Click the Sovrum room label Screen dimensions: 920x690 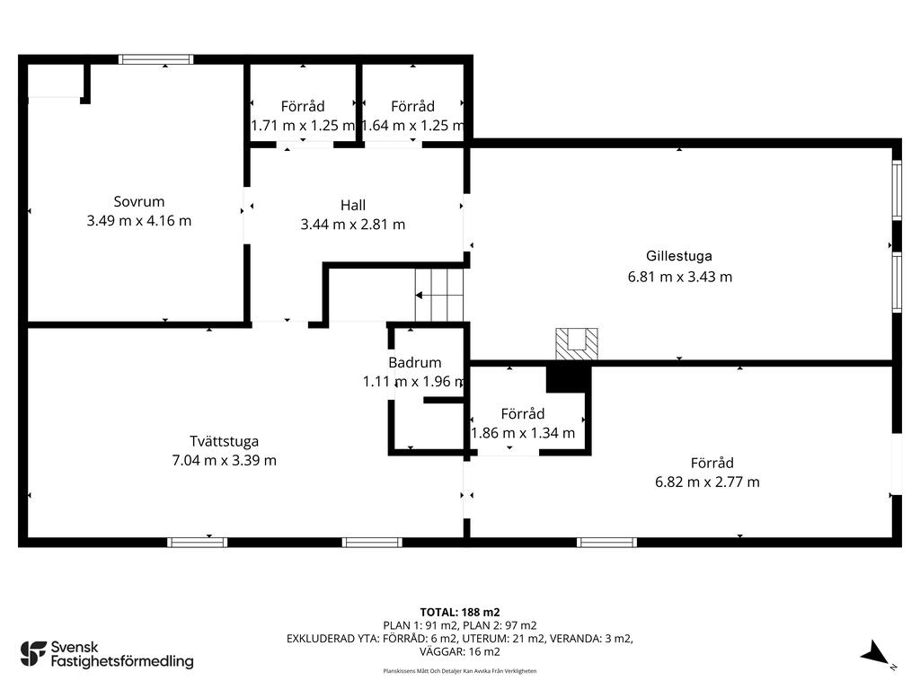click(x=139, y=202)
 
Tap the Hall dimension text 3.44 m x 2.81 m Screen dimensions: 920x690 click(x=352, y=225)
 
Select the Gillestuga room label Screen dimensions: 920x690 click(x=679, y=256)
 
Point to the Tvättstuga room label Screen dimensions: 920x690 click(x=224, y=441)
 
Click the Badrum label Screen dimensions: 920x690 click(x=415, y=363)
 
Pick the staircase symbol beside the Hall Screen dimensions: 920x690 click(x=439, y=295)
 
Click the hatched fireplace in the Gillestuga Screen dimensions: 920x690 click(x=577, y=344)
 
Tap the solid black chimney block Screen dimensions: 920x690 click(x=568, y=378)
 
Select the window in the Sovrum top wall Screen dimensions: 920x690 click(x=155, y=59)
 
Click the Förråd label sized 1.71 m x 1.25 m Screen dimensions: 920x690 click(x=303, y=106)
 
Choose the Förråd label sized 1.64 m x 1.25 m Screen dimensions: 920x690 click(x=413, y=106)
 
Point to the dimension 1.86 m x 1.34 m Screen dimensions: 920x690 click(x=523, y=434)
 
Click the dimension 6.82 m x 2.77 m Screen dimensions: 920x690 click(x=707, y=482)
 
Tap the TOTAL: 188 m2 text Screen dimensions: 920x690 click(x=460, y=613)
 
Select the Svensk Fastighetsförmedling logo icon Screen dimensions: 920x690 click(x=33, y=654)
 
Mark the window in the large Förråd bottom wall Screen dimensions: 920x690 click(x=606, y=542)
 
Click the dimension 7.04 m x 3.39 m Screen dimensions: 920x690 click(x=224, y=461)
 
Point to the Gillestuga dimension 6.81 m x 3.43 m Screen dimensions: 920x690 click(x=680, y=277)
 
